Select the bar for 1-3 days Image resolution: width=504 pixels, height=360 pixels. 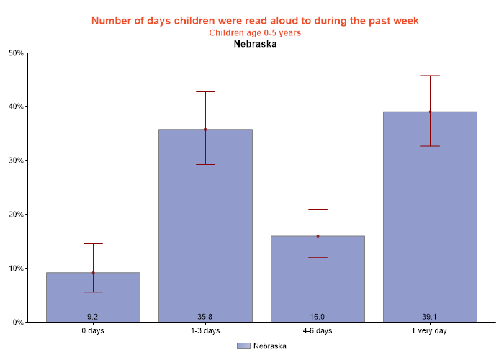205,230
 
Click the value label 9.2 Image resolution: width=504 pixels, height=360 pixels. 93,317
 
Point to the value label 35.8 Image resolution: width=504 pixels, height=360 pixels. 205,317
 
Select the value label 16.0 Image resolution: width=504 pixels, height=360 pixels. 318,317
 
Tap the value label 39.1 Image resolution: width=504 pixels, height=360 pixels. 430,317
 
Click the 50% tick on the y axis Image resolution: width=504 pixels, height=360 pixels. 16,53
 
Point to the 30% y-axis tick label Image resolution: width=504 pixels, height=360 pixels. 16,161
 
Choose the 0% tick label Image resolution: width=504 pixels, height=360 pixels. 18,323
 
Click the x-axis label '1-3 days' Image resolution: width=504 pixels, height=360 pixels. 205,331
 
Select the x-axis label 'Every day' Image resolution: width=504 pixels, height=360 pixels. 430,331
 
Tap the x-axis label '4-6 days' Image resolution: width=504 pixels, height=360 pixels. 318,331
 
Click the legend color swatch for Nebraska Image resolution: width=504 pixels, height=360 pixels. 243,346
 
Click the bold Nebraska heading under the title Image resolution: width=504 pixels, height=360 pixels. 255,44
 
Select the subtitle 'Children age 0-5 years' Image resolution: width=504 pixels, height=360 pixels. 255,33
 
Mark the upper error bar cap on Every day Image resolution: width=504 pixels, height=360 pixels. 430,76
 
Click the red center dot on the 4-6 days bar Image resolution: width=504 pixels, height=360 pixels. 318,236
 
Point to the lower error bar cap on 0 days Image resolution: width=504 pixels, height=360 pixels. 93,292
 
